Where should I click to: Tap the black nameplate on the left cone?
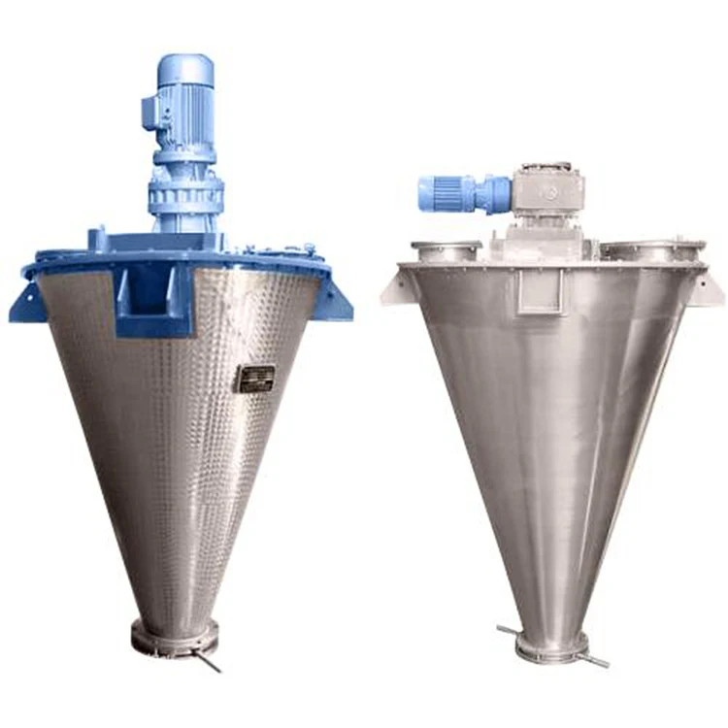tap(255, 378)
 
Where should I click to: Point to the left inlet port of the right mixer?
tap(447, 249)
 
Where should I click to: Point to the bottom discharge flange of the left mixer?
tap(176, 639)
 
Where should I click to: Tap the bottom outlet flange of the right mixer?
tap(552, 645)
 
